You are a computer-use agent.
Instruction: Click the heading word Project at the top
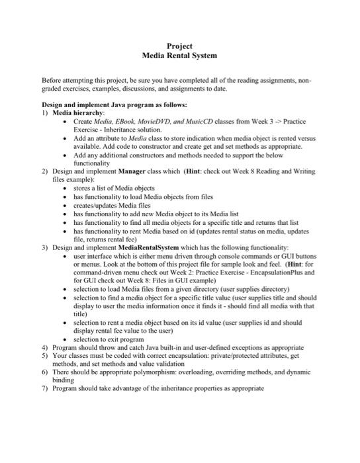(180, 46)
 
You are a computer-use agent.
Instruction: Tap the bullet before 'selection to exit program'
(66, 339)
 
